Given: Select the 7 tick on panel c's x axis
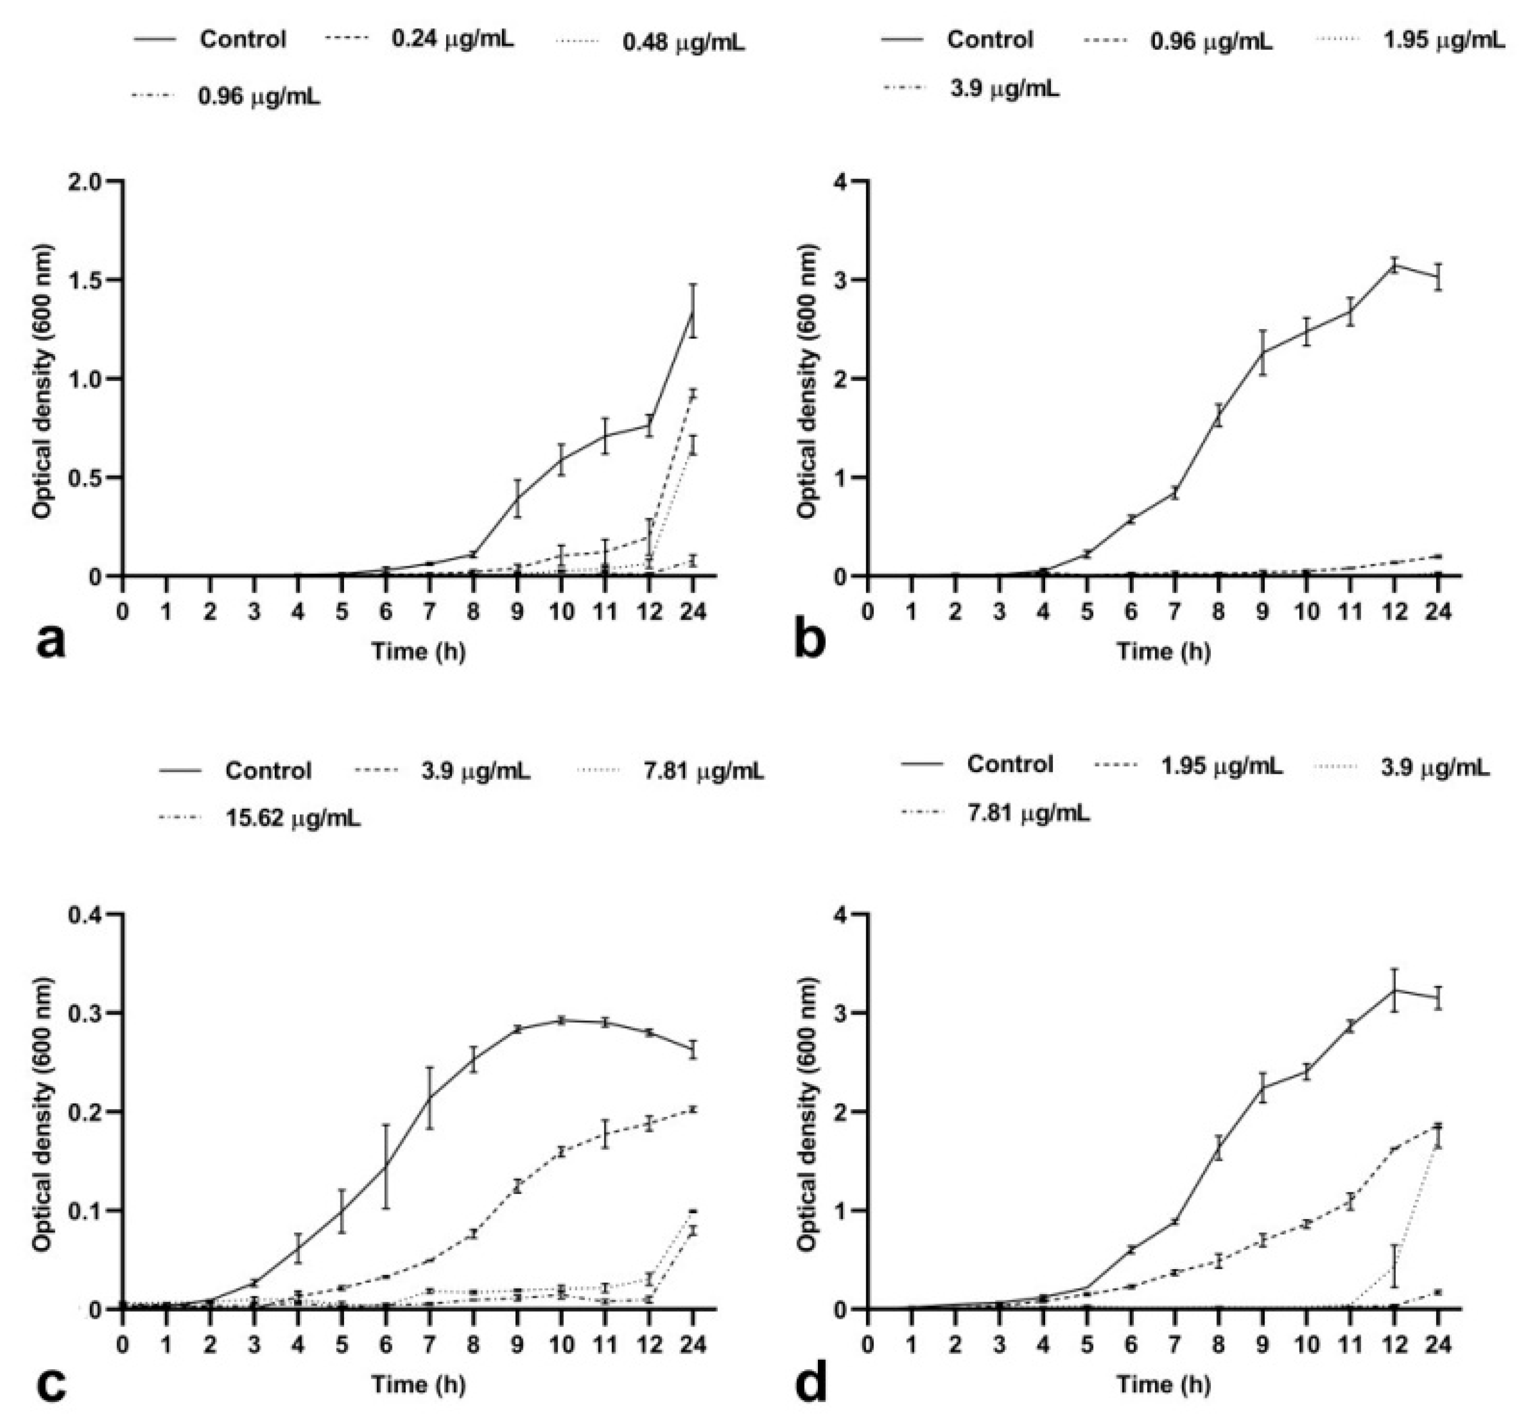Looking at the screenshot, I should tap(429, 1346).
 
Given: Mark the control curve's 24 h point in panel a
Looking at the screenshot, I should tap(693, 311).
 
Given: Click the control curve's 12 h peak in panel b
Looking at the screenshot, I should tap(1393, 265).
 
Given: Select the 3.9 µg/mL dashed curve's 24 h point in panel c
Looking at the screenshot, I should tap(693, 1109).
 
